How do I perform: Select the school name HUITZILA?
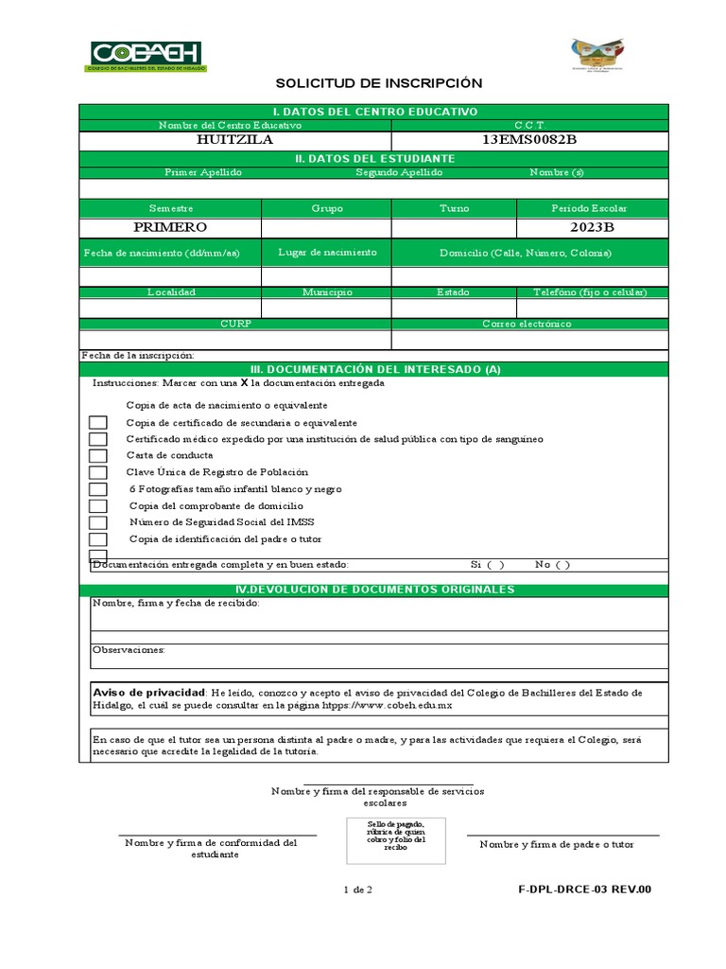pyautogui.click(x=234, y=140)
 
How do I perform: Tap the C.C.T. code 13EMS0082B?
pyautogui.click(x=529, y=140)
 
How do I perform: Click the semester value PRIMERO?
pyautogui.click(x=170, y=227)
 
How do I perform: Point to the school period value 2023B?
pyautogui.click(x=592, y=227)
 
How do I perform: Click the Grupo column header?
pyautogui.click(x=327, y=208)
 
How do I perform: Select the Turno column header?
pyautogui.click(x=454, y=208)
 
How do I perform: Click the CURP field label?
pyautogui.click(x=235, y=324)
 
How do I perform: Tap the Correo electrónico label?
pyautogui.click(x=527, y=324)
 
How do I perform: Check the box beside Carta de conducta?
pyautogui.click(x=98, y=455)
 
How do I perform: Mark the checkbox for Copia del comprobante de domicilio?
pyautogui.click(x=98, y=505)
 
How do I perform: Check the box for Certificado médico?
pyautogui.click(x=98, y=439)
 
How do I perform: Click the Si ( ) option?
pyautogui.click(x=487, y=564)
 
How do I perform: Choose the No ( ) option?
pyautogui.click(x=552, y=564)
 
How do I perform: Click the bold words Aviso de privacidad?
pyautogui.click(x=149, y=693)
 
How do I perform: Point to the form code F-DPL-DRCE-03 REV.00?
pyautogui.click(x=585, y=890)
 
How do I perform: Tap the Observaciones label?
pyautogui.click(x=129, y=650)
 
